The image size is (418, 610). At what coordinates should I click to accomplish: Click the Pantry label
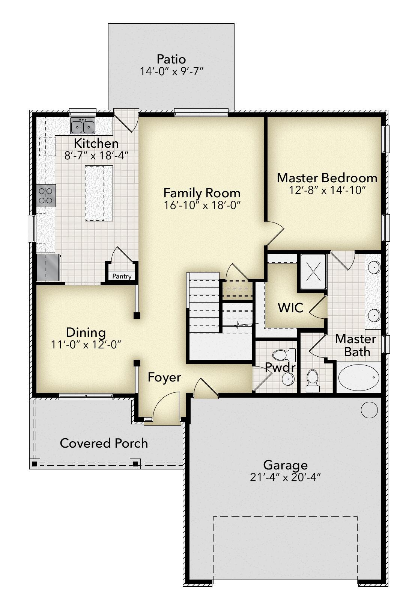coord(122,277)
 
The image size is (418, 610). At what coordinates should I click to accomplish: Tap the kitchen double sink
coord(83,126)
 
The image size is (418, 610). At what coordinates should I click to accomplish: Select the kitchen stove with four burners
coord(46,195)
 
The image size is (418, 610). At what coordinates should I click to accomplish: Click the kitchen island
coord(99,193)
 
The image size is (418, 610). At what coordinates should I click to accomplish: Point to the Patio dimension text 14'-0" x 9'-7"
coord(171,71)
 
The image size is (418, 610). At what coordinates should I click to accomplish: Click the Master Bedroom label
coord(327,178)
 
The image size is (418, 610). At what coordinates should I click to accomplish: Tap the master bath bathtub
coord(358,377)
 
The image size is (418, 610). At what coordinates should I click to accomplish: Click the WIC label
coord(290,308)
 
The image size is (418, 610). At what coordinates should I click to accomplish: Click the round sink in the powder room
coord(288,379)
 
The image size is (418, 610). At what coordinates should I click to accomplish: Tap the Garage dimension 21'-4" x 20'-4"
coord(285,477)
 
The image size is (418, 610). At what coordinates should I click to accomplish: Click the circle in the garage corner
coord(369,410)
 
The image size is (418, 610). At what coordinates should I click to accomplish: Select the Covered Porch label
coord(104,443)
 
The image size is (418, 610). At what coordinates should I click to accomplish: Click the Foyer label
coord(164,377)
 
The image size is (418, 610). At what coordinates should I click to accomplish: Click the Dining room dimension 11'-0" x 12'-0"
coord(86,345)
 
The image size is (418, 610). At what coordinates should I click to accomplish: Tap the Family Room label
coord(202,193)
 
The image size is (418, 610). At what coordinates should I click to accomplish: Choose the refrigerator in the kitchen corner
coord(48,267)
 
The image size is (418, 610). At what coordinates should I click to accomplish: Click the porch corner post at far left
coord(35,464)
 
